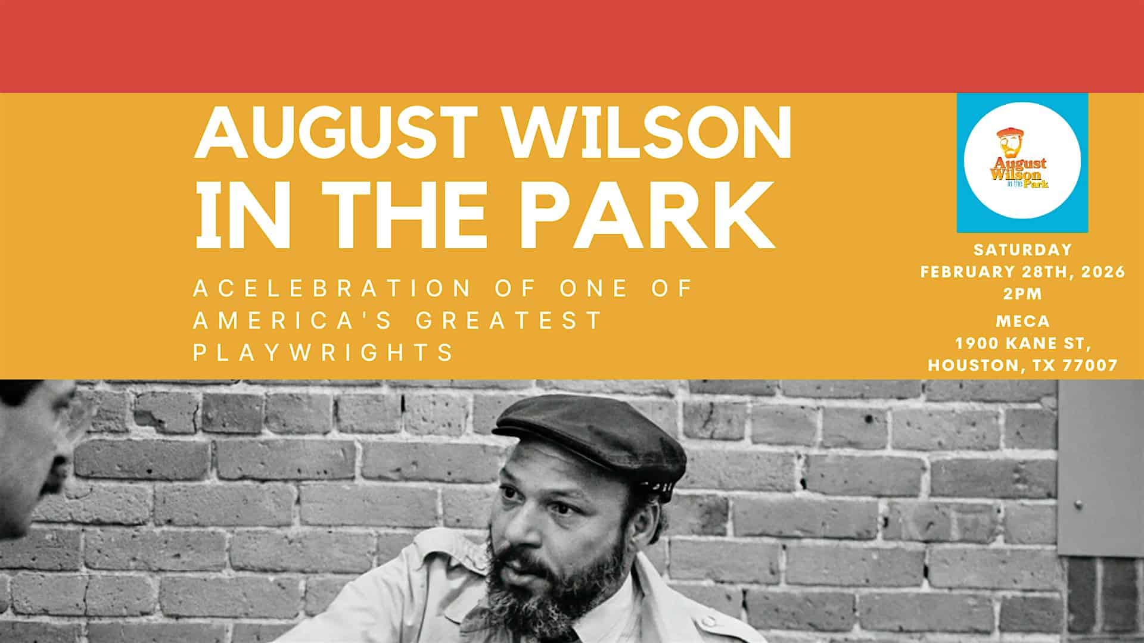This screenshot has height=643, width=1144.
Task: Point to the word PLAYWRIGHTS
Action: [x=324, y=352]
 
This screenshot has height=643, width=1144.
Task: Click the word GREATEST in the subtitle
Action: [x=509, y=320]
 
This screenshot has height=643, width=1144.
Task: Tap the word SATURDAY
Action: [x=1023, y=249]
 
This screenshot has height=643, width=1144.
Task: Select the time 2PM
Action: [x=1023, y=294]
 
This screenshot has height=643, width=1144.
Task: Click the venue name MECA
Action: [x=1023, y=321]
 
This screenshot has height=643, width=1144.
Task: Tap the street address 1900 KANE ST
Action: [x=1023, y=344]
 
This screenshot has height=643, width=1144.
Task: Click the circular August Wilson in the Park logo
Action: [x=1022, y=163]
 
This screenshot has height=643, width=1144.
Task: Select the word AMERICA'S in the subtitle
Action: [x=293, y=320]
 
